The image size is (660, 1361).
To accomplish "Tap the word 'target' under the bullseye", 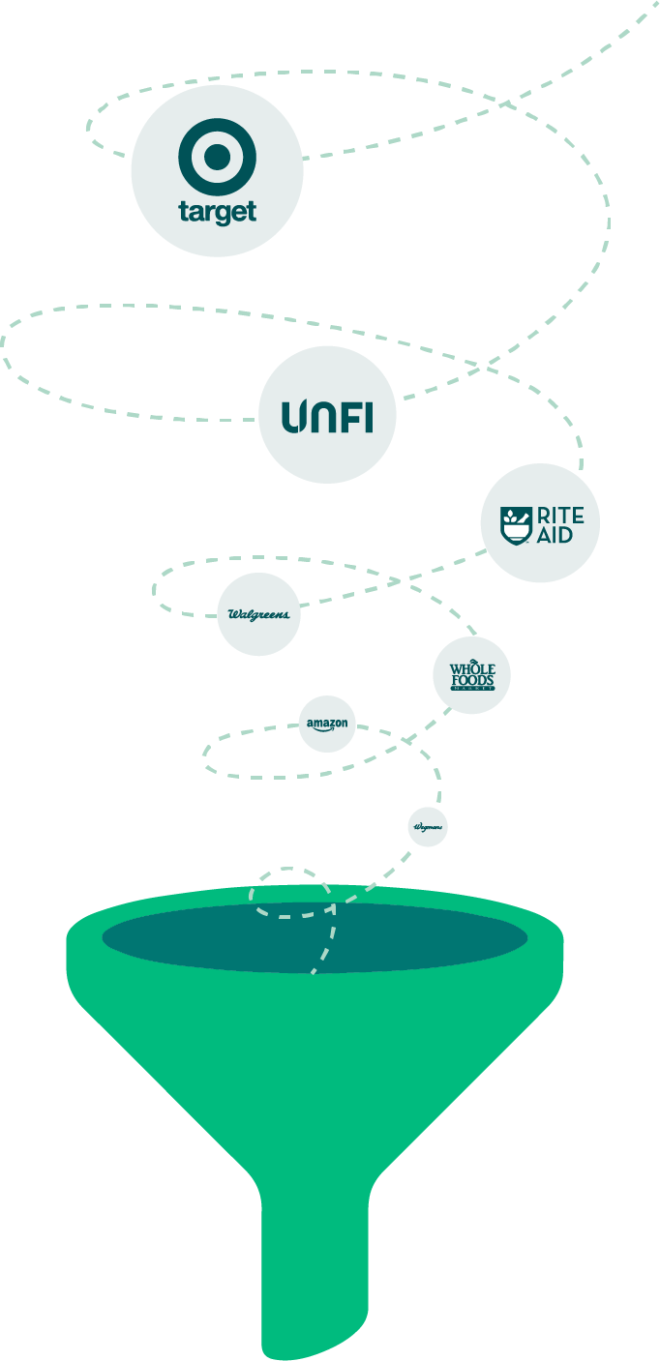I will point(217,212).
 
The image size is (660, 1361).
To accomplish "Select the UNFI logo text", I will point(327,416).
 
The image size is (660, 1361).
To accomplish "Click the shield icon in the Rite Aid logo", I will point(514,524).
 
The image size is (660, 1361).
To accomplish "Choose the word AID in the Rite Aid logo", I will point(555,535).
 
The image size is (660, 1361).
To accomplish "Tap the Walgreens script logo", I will point(258,614).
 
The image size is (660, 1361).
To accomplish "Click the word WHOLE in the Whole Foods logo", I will point(472,669).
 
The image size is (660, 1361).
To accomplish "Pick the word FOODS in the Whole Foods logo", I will point(472,680).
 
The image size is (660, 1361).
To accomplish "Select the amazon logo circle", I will point(327,724).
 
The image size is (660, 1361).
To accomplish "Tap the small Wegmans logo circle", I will point(428,827).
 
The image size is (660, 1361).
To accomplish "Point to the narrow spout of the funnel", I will point(315,1277).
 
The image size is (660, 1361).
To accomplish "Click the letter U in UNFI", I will point(293,417).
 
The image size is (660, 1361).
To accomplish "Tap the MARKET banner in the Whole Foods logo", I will point(472,689).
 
